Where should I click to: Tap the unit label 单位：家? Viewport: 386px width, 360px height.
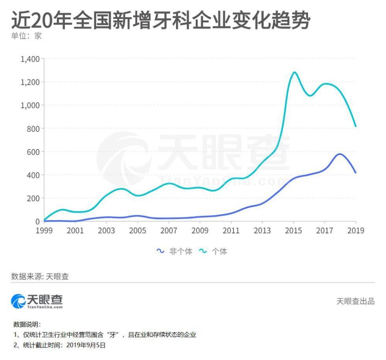pos(26,36)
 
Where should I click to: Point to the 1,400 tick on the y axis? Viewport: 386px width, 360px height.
pos(30,59)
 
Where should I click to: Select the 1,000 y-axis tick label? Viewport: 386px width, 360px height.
pos(30,105)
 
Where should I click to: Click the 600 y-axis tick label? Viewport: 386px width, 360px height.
pos(33,152)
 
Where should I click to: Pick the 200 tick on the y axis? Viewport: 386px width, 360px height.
pos(33,198)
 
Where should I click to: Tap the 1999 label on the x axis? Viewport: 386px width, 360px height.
pos(44,231)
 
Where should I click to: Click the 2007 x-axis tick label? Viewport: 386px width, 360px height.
pos(169,231)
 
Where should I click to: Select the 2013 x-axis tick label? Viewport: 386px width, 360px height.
pos(262,231)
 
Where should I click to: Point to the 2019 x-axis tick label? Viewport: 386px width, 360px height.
pos(356,231)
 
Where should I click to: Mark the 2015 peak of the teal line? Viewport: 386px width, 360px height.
pos(294,72)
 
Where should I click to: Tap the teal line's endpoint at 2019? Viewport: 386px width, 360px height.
pos(356,126)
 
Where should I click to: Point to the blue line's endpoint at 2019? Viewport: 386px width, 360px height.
pos(356,173)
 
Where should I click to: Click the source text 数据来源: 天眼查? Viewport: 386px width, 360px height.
pos(40,276)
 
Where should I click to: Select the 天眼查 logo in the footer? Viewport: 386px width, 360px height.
pos(37,302)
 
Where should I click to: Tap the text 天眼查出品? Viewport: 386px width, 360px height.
pos(355,302)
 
